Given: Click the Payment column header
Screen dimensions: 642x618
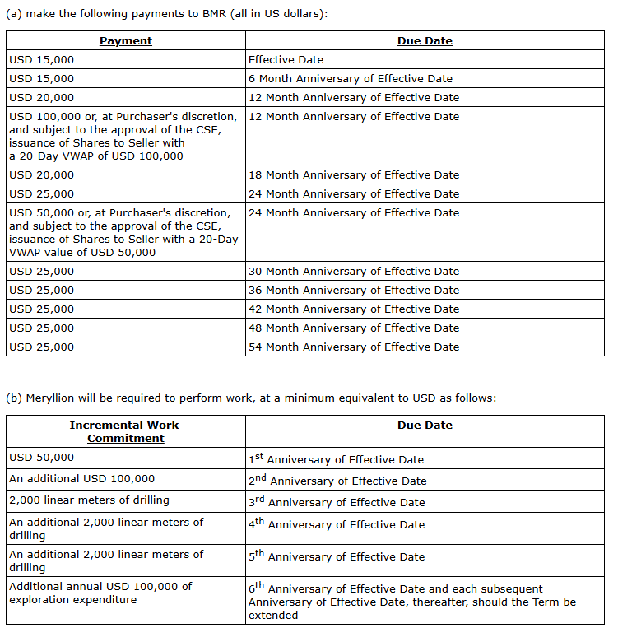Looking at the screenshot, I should (126, 40).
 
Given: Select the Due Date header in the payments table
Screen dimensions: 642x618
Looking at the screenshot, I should (425, 40).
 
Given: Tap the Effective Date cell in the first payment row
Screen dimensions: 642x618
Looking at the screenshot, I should (286, 59).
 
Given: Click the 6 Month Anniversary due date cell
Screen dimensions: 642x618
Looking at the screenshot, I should (350, 78).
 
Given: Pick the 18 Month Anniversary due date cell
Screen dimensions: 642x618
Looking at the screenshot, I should (353, 174).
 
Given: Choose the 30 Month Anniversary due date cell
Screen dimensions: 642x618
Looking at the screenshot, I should (353, 271).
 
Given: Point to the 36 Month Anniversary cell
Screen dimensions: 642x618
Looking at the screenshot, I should (353, 290).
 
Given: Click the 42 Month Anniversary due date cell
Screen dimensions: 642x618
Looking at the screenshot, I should (353, 309).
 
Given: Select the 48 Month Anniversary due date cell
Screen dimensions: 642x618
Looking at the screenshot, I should (353, 328).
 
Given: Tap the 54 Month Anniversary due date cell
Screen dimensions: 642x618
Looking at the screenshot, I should (353, 347).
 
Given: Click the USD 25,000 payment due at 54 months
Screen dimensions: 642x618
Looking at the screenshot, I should (42, 347).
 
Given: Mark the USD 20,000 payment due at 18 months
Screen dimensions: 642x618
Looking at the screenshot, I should (42, 174).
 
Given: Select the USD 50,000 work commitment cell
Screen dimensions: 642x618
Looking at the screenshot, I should (42, 457).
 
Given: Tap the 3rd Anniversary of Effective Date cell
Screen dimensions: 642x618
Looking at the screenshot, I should (337, 502).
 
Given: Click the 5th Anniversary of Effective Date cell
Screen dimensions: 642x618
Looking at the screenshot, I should (336, 556).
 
